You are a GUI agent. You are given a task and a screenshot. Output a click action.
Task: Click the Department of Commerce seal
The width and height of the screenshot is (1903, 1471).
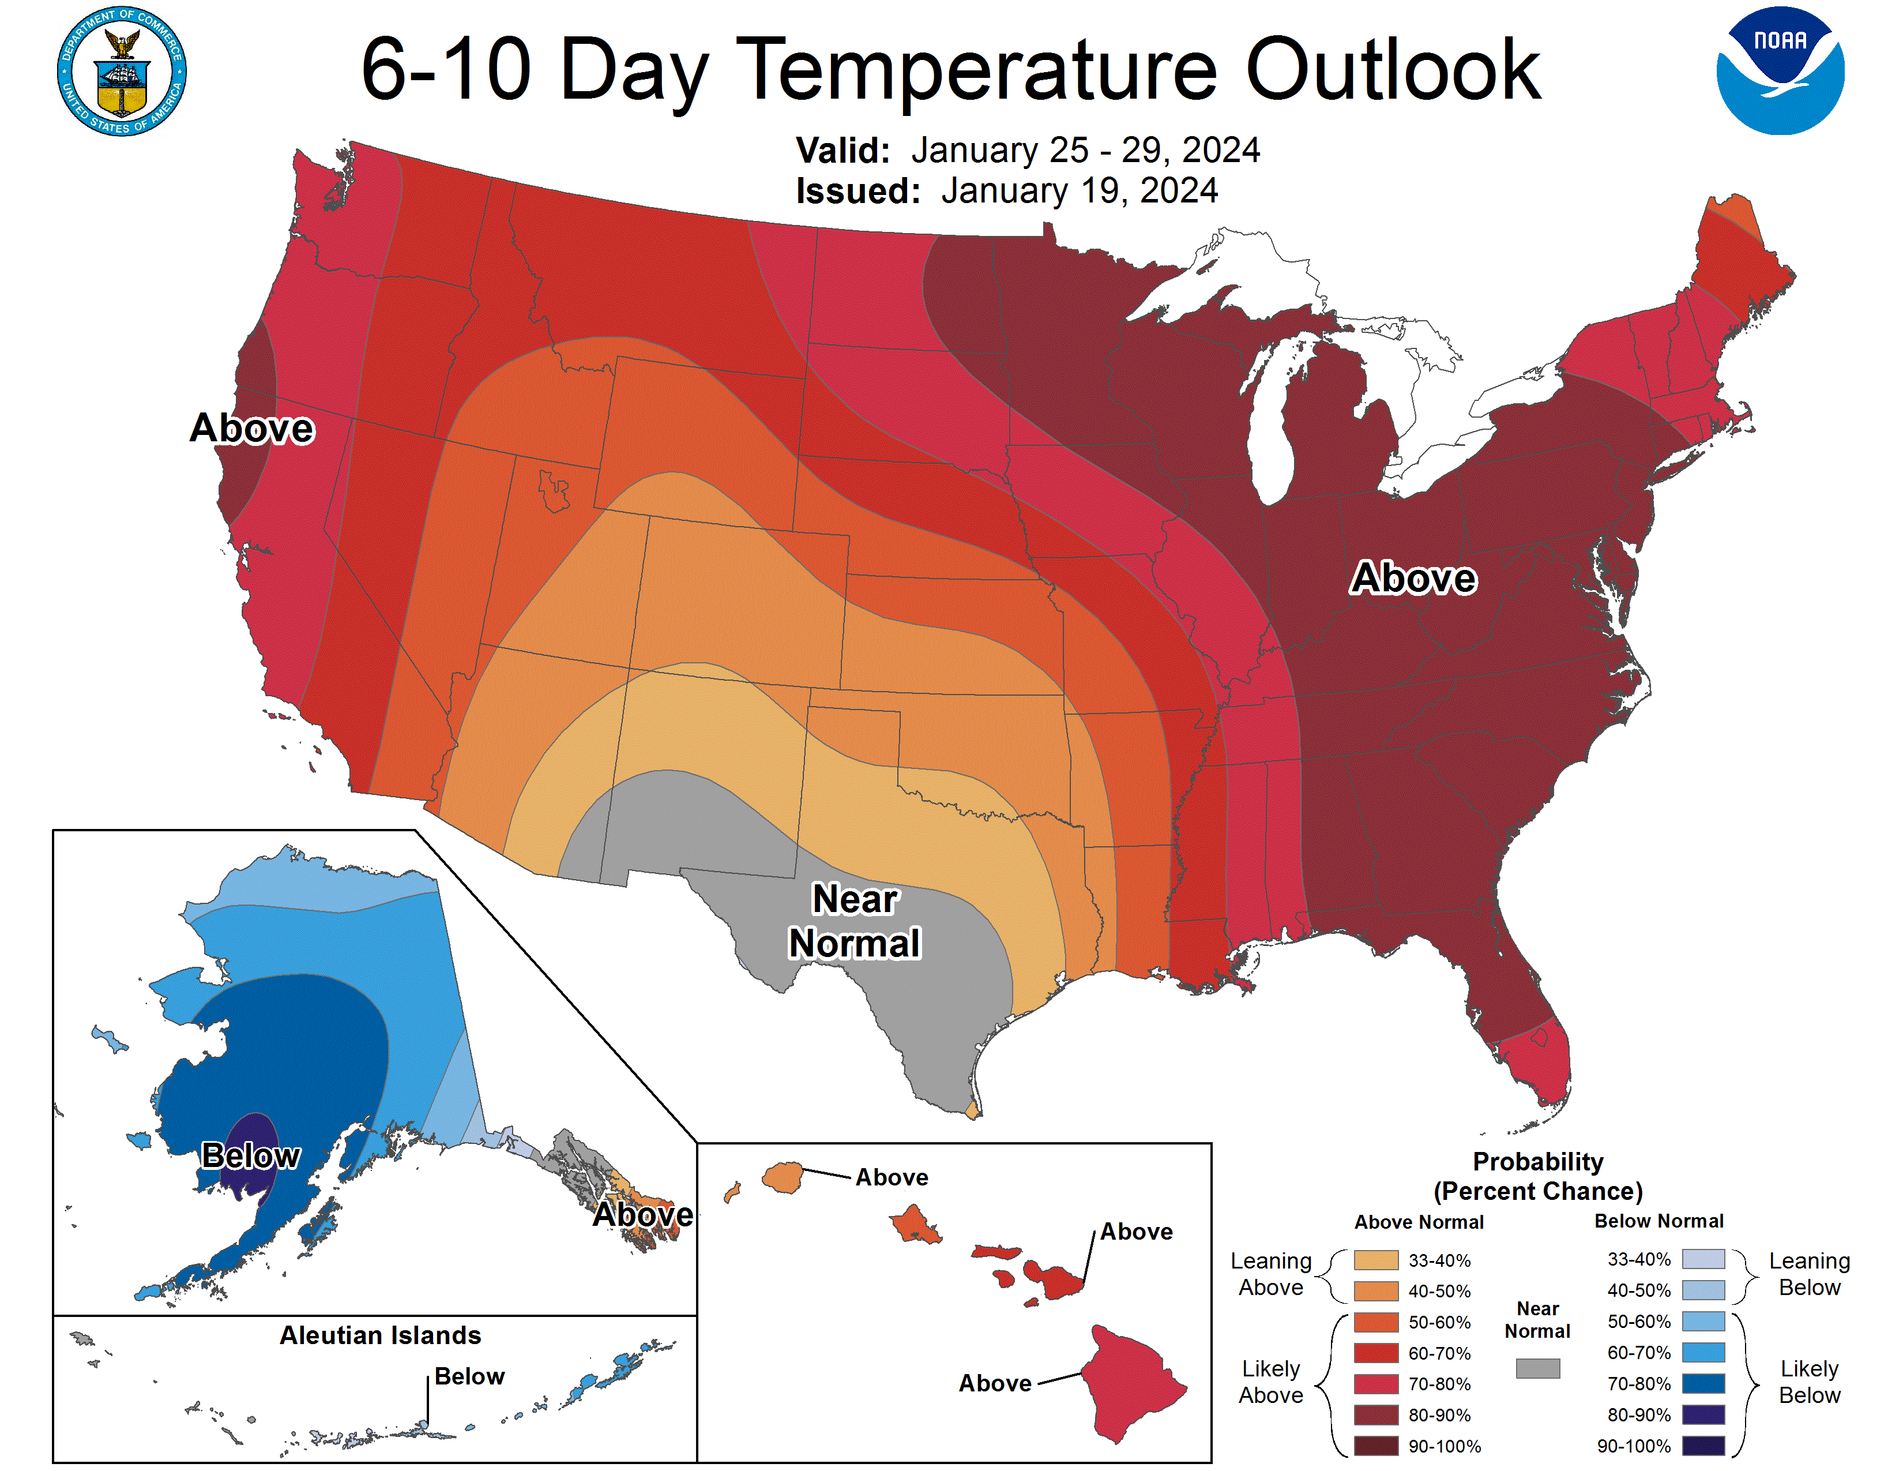click(x=122, y=72)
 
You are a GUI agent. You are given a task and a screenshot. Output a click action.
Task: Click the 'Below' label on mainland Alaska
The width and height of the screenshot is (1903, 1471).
click(x=250, y=1155)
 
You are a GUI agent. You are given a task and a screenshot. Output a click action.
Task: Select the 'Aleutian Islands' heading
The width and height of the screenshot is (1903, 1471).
click(x=380, y=1335)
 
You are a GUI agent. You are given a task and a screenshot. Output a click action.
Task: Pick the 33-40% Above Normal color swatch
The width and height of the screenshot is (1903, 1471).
click(x=1376, y=1260)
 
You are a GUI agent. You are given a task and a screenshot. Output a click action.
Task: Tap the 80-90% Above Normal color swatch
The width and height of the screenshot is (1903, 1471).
click(x=1376, y=1414)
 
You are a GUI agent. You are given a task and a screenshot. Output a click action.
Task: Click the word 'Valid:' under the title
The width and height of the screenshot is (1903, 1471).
click(x=843, y=151)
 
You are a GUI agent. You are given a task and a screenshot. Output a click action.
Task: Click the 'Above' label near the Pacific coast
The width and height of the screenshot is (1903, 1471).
click(x=252, y=428)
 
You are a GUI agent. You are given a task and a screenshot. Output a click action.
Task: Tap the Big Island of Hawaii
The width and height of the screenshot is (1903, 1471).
click(x=1133, y=1381)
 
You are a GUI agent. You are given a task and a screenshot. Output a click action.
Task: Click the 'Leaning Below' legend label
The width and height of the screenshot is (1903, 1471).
click(x=1809, y=1274)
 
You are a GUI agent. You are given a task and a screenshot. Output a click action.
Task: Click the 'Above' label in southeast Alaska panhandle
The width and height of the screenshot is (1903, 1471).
click(x=642, y=1214)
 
